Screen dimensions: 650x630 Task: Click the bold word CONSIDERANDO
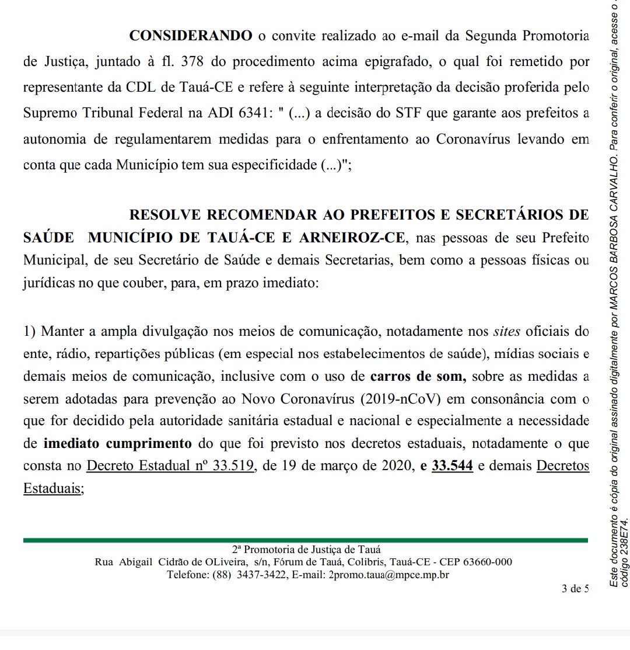point(191,36)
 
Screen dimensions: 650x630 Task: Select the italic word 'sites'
point(505,332)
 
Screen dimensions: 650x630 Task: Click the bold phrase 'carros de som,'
point(418,377)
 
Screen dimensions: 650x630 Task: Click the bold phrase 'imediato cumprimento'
point(118,443)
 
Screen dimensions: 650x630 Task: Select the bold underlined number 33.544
point(452,466)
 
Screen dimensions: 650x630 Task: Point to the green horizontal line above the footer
point(305,541)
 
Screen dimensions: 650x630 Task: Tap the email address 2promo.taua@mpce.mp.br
point(389,575)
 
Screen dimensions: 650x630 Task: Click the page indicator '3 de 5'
point(575,589)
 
